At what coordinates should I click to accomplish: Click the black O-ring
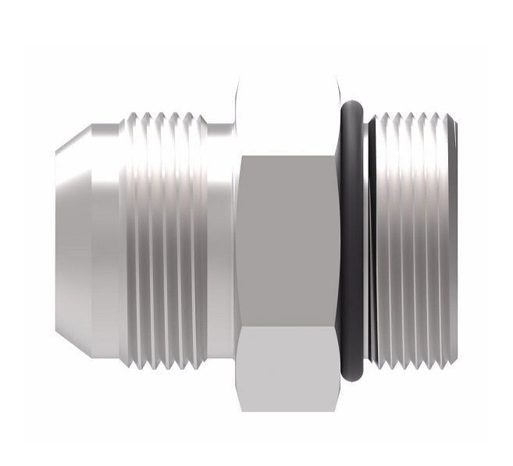pos(352,234)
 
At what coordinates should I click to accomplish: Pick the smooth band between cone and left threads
pos(109,234)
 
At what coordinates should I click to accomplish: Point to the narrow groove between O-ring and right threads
pos(369,234)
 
